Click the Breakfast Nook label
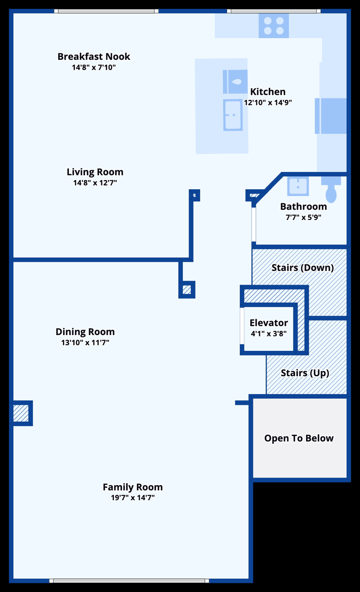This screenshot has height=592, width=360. point(94,57)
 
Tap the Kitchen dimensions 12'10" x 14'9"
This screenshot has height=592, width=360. point(268,103)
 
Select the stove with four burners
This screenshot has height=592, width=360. point(274,26)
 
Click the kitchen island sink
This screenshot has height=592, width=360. point(235,82)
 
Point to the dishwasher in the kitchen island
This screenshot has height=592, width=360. point(233,115)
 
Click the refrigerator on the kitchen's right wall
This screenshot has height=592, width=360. point(331,116)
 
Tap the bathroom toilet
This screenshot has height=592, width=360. point(331,189)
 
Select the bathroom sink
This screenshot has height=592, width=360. point(298,186)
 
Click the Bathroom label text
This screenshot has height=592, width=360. point(303,206)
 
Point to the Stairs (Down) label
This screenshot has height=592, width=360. point(303,268)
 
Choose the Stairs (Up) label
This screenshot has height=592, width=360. point(305,373)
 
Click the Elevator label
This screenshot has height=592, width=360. point(269,323)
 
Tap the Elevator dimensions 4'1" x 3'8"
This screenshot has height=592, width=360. point(269,333)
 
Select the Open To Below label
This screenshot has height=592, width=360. point(299,438)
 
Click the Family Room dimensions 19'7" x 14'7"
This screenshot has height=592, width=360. point(133,498)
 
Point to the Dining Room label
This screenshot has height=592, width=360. point(85,332)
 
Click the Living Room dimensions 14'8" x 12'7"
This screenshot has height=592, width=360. point(95,183)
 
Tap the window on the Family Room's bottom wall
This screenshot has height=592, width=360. point(129,581)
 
